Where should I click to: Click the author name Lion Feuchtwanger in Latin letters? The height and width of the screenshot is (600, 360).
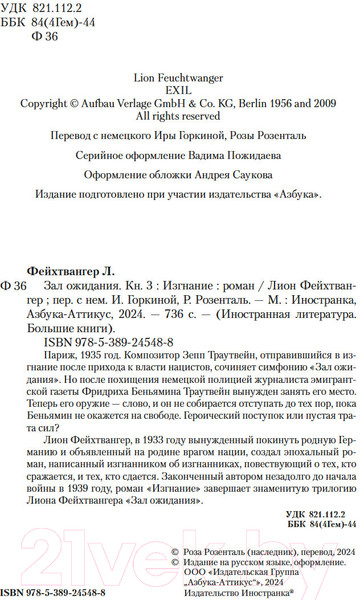coord(179,74)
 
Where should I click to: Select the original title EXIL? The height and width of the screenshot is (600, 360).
coord(179,87)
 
